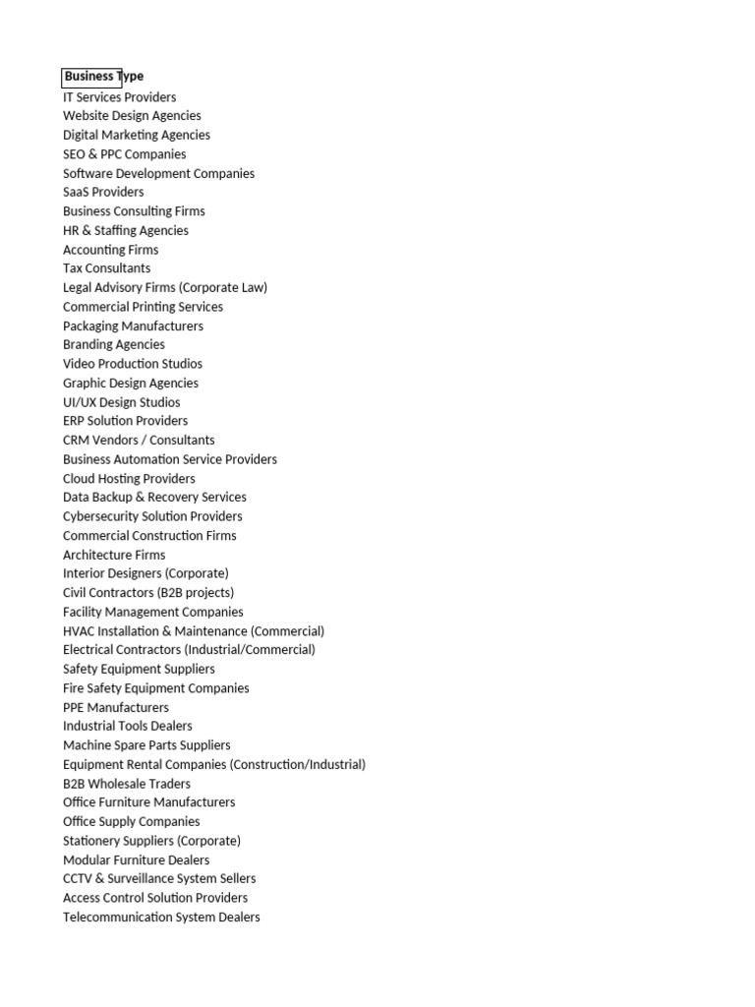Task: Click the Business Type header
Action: point(103,77)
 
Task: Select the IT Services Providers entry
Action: point(119,97)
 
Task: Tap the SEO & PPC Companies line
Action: point(124,154)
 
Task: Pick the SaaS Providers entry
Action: point(103,192)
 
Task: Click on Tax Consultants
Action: point(106,268)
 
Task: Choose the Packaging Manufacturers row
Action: point(133,326)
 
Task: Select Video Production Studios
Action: point(132,364)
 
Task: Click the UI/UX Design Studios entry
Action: point(121,402)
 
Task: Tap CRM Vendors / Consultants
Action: point(139,440)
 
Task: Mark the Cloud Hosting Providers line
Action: point(129,479)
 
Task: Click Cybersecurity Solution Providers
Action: point(152,516)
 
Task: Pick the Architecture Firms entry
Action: point(114,555)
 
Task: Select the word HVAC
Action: point(79,631)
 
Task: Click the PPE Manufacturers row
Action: point(115,707)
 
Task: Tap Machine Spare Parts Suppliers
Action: point(146,745)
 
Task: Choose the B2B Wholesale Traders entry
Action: point(126,784)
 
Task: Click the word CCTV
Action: point(78,878)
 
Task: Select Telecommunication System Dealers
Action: point(161,918)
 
